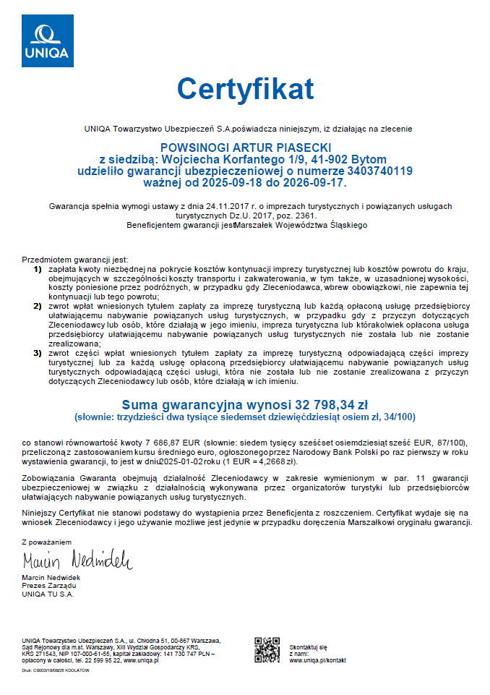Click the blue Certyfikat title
click(245, 88)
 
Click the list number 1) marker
click(38, 269)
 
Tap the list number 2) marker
click(38, 307)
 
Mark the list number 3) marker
click(38, 354)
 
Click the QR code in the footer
click(267, 649)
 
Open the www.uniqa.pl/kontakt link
click(317, 660)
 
